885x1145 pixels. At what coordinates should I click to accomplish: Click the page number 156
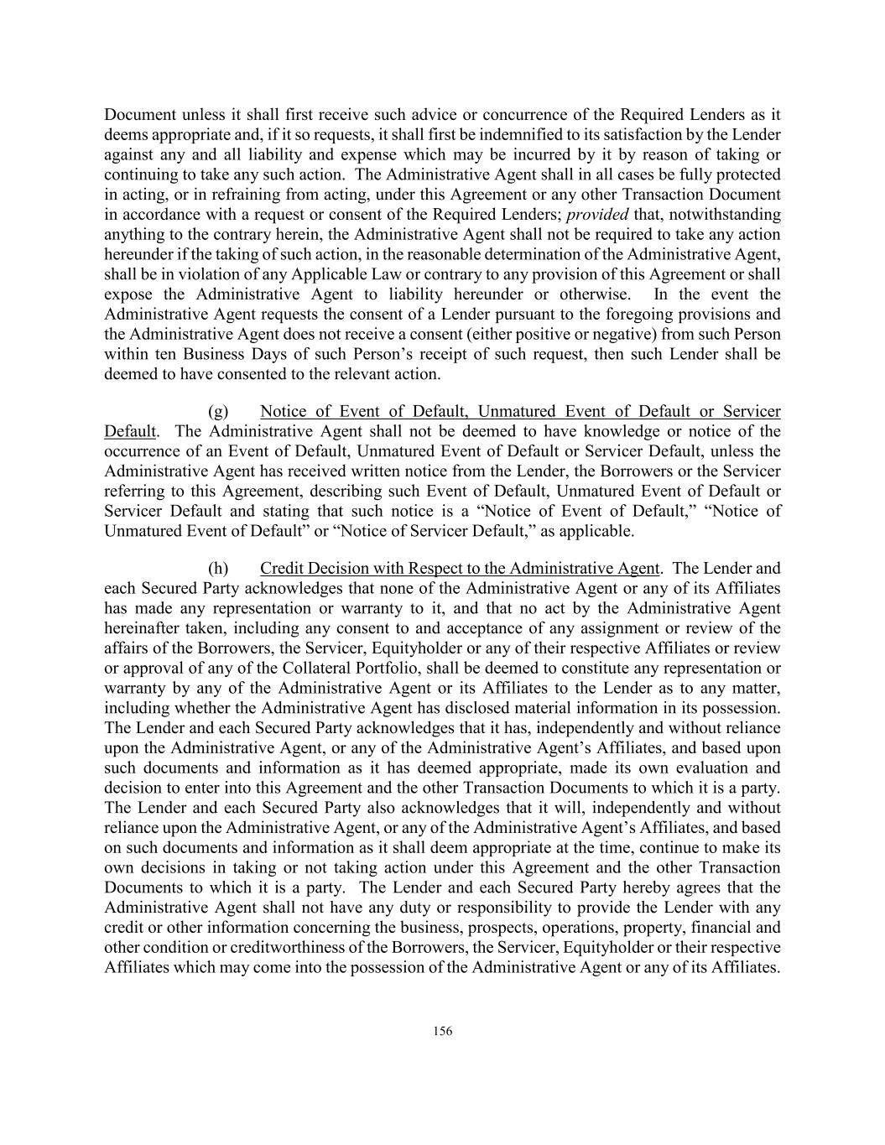(x=443, y=1031)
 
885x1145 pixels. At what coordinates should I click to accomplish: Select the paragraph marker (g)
(x=217, y=411)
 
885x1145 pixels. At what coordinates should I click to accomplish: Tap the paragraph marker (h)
(x=217, y=568)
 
